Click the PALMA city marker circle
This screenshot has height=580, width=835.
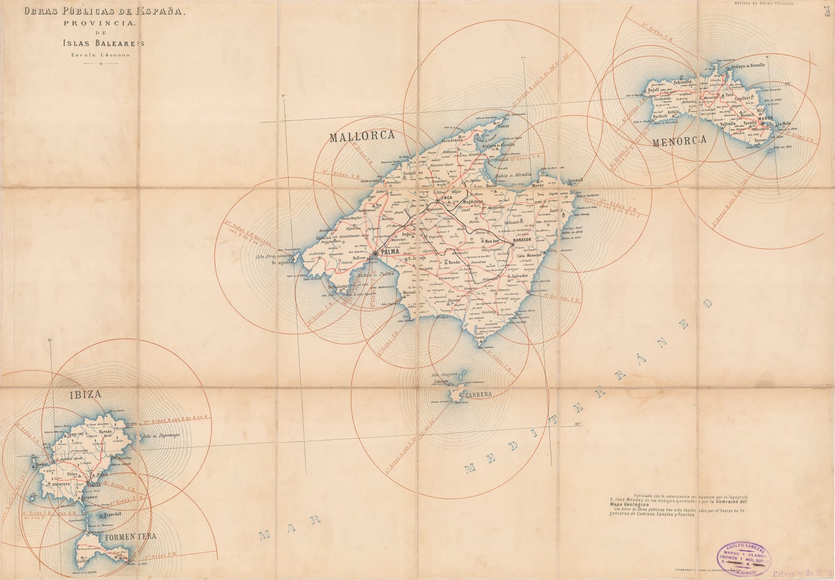pyautogui.click(x=375, y=254)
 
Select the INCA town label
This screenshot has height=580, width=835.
pyautogui.click(x=444, y=198)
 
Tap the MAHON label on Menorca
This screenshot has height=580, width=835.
pyautogui.click(x=765, y=119)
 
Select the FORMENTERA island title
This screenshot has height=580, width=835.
pyautogui.click(x=123, y=536)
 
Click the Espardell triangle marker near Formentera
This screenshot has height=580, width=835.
pyautogui.click(x=101, y=515)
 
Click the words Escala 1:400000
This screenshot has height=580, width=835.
pyautogui.click(x=101, y=55)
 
